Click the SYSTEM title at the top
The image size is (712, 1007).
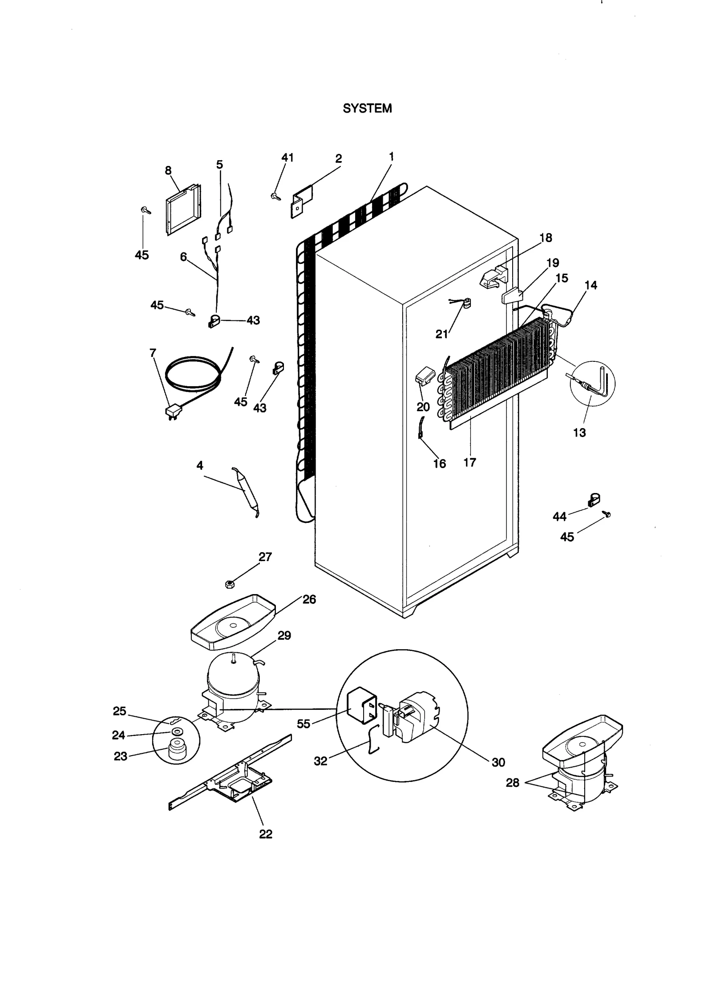[x=367, y=109]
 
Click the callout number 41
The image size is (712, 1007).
[x=287, y=158]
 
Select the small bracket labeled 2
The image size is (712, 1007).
[x=302, y=201]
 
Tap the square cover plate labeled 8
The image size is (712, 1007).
[x=182, y=209]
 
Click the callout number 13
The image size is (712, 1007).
[x=579, y=433]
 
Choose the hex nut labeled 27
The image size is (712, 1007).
[x=230, y=583]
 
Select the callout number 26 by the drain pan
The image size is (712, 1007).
[x=309, y=599]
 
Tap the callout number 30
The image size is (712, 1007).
[x=498, y=762]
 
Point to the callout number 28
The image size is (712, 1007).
[x=513, y=783]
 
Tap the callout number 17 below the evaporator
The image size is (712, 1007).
[x=470, y=462]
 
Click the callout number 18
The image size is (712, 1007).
[x=546, y=238]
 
